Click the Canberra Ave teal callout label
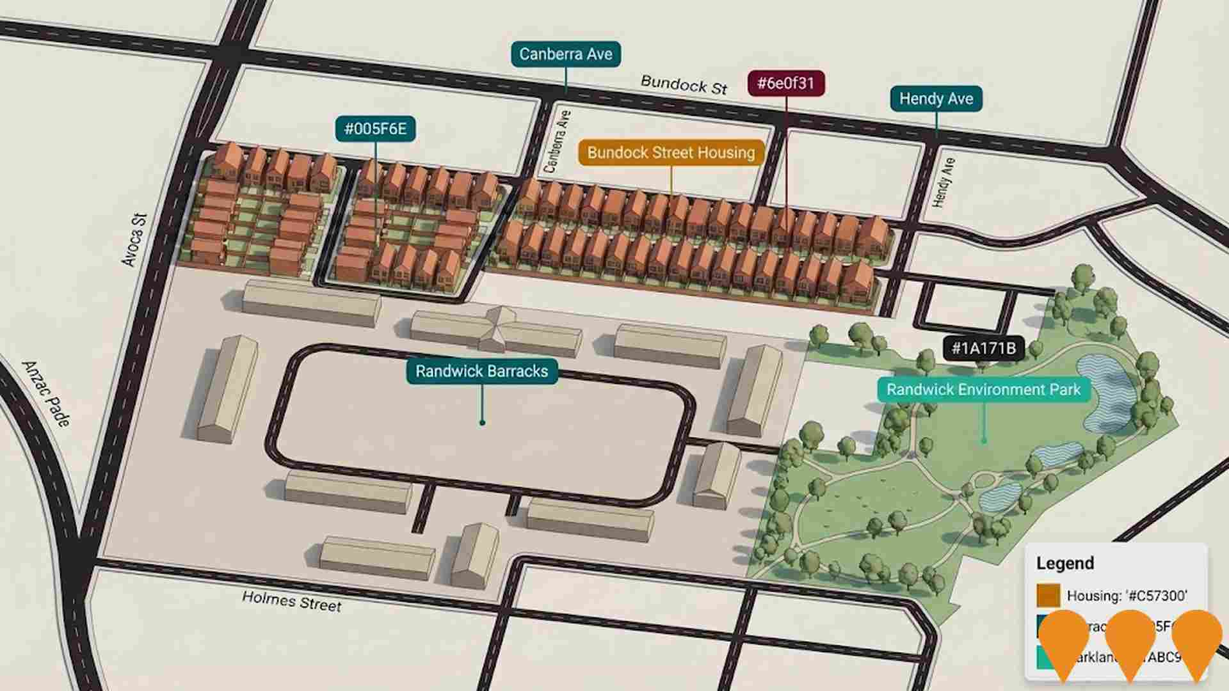coord(566,54)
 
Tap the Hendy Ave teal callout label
coord(936,99)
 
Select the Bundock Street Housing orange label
coord(671,153)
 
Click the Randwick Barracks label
coord(481,371)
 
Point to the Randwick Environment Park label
coord(983,390)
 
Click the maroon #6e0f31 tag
coord(785,83)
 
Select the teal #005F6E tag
coord(375,129)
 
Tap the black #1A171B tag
coord(983,348)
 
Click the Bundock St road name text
coord(684,85)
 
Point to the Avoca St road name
coord(134,240)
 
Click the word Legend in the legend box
coord(1065,563)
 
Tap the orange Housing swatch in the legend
coord(1048,595)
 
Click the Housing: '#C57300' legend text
coord(1127,596)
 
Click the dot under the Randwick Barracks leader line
coord(482,422)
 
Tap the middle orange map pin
coord(1130,640)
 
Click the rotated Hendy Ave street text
coord(944,182)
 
